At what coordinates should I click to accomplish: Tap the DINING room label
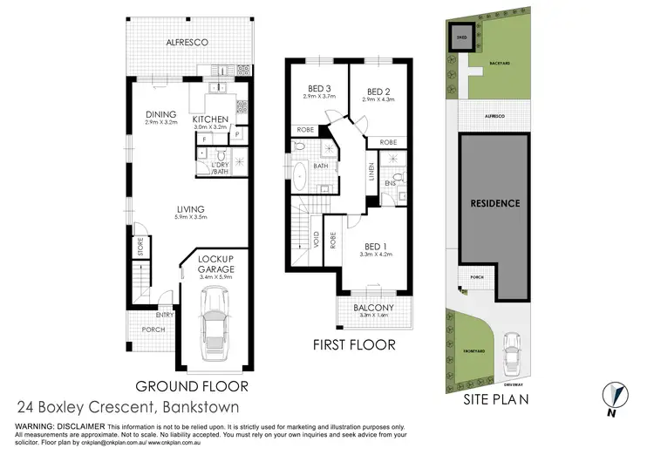[x=161, y=114]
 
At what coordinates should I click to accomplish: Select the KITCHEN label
[x=210, y=119]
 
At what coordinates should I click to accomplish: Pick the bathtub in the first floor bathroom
[x=300, y=175]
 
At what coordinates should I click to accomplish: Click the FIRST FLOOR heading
[x=354, y=344]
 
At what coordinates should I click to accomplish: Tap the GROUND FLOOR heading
[x=192, y=385]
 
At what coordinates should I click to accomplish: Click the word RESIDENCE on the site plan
[x=495, y=203]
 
